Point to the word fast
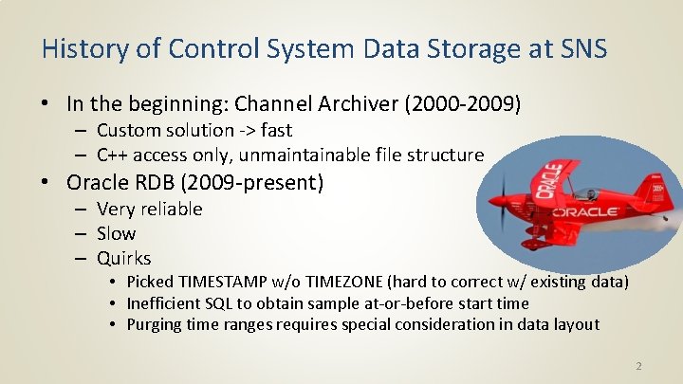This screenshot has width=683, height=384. click(274, 130)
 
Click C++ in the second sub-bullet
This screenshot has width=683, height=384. click(115, 155)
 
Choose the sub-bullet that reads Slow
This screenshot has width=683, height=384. click(116, 233)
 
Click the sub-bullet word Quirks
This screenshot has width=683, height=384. click(123, 258)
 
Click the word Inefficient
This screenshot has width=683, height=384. click(165, 303)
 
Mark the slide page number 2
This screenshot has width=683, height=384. click(638, 364)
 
